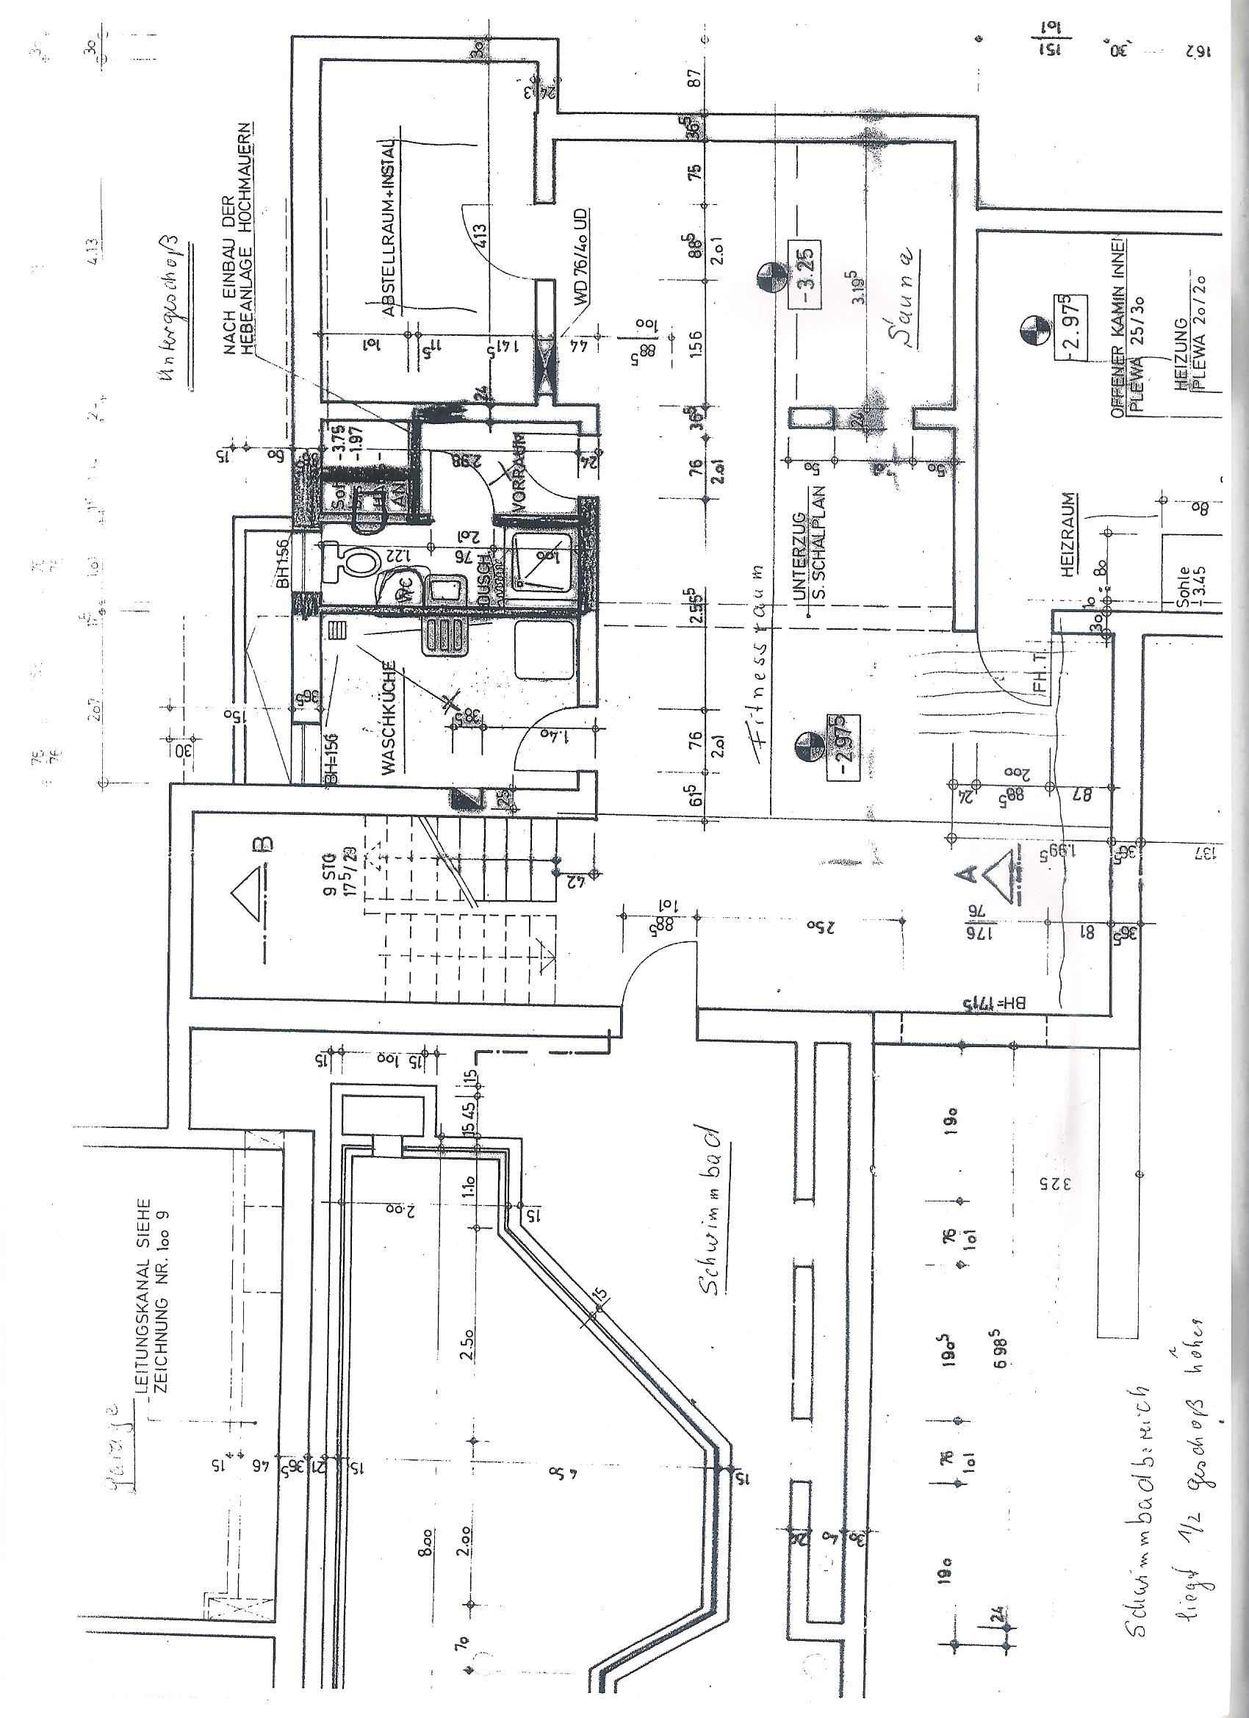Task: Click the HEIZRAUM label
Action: [x=1068, y=536]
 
